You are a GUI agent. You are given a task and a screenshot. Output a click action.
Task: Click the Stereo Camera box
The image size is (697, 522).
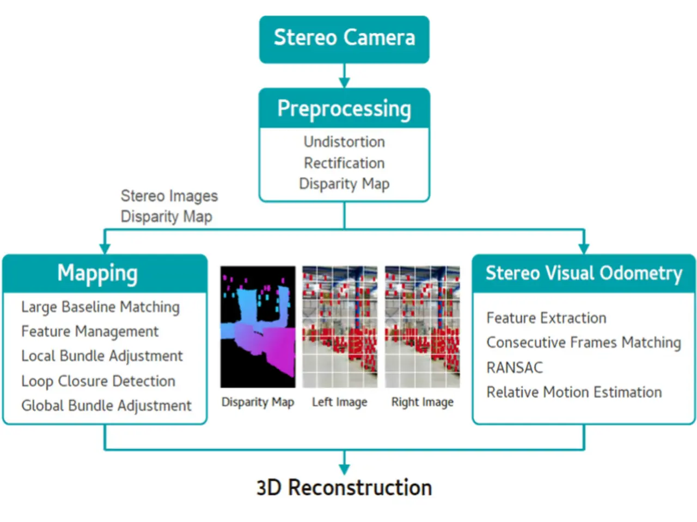point(344,39)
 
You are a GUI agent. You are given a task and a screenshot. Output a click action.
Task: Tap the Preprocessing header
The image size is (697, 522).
point(344,108)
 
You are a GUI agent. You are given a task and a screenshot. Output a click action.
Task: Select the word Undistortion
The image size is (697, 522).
point(344,142)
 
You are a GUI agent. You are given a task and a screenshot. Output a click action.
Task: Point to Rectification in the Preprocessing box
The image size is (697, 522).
point(344,163)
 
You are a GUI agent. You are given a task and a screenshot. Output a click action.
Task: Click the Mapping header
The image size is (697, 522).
point(105,273)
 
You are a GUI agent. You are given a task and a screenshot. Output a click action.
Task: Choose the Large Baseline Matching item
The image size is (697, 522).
point(100,307)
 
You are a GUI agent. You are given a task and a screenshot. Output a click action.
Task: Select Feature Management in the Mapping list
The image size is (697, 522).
point(89,332)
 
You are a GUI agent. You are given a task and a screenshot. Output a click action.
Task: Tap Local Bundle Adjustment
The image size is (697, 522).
point(102,356)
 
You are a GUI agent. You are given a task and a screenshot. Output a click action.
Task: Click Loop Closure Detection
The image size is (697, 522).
point(98,381)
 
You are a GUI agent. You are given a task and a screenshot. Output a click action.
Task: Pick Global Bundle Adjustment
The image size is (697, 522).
point(106,406)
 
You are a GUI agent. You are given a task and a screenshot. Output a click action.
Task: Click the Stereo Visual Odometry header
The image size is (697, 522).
point(584,273)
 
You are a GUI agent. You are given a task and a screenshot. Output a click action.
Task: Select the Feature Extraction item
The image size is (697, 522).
point(546,318)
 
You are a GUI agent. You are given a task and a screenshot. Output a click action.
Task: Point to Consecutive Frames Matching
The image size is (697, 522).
point(584,343)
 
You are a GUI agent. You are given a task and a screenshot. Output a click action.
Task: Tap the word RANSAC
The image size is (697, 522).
point(515,368)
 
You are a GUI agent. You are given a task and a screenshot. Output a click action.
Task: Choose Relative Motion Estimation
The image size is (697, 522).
point(574,393)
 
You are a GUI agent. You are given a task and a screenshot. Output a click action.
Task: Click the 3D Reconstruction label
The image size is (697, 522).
point(344,487)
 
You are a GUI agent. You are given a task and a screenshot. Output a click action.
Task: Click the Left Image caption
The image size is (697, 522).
point(339,402)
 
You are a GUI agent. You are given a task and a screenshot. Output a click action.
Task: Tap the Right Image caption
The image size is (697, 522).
point(423,402)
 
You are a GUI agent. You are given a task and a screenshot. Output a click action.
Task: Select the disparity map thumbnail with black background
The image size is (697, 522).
point(258,327)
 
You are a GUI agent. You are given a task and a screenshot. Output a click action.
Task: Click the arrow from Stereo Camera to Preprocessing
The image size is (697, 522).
point(344,76)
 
